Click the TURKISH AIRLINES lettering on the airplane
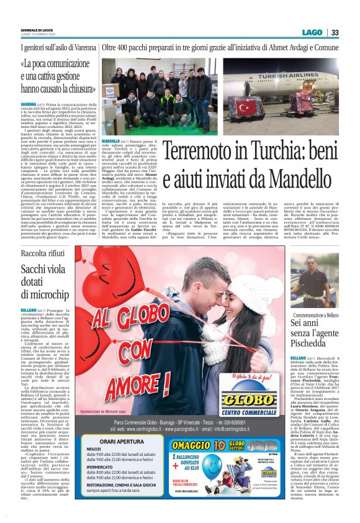(x=291, y=68)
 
